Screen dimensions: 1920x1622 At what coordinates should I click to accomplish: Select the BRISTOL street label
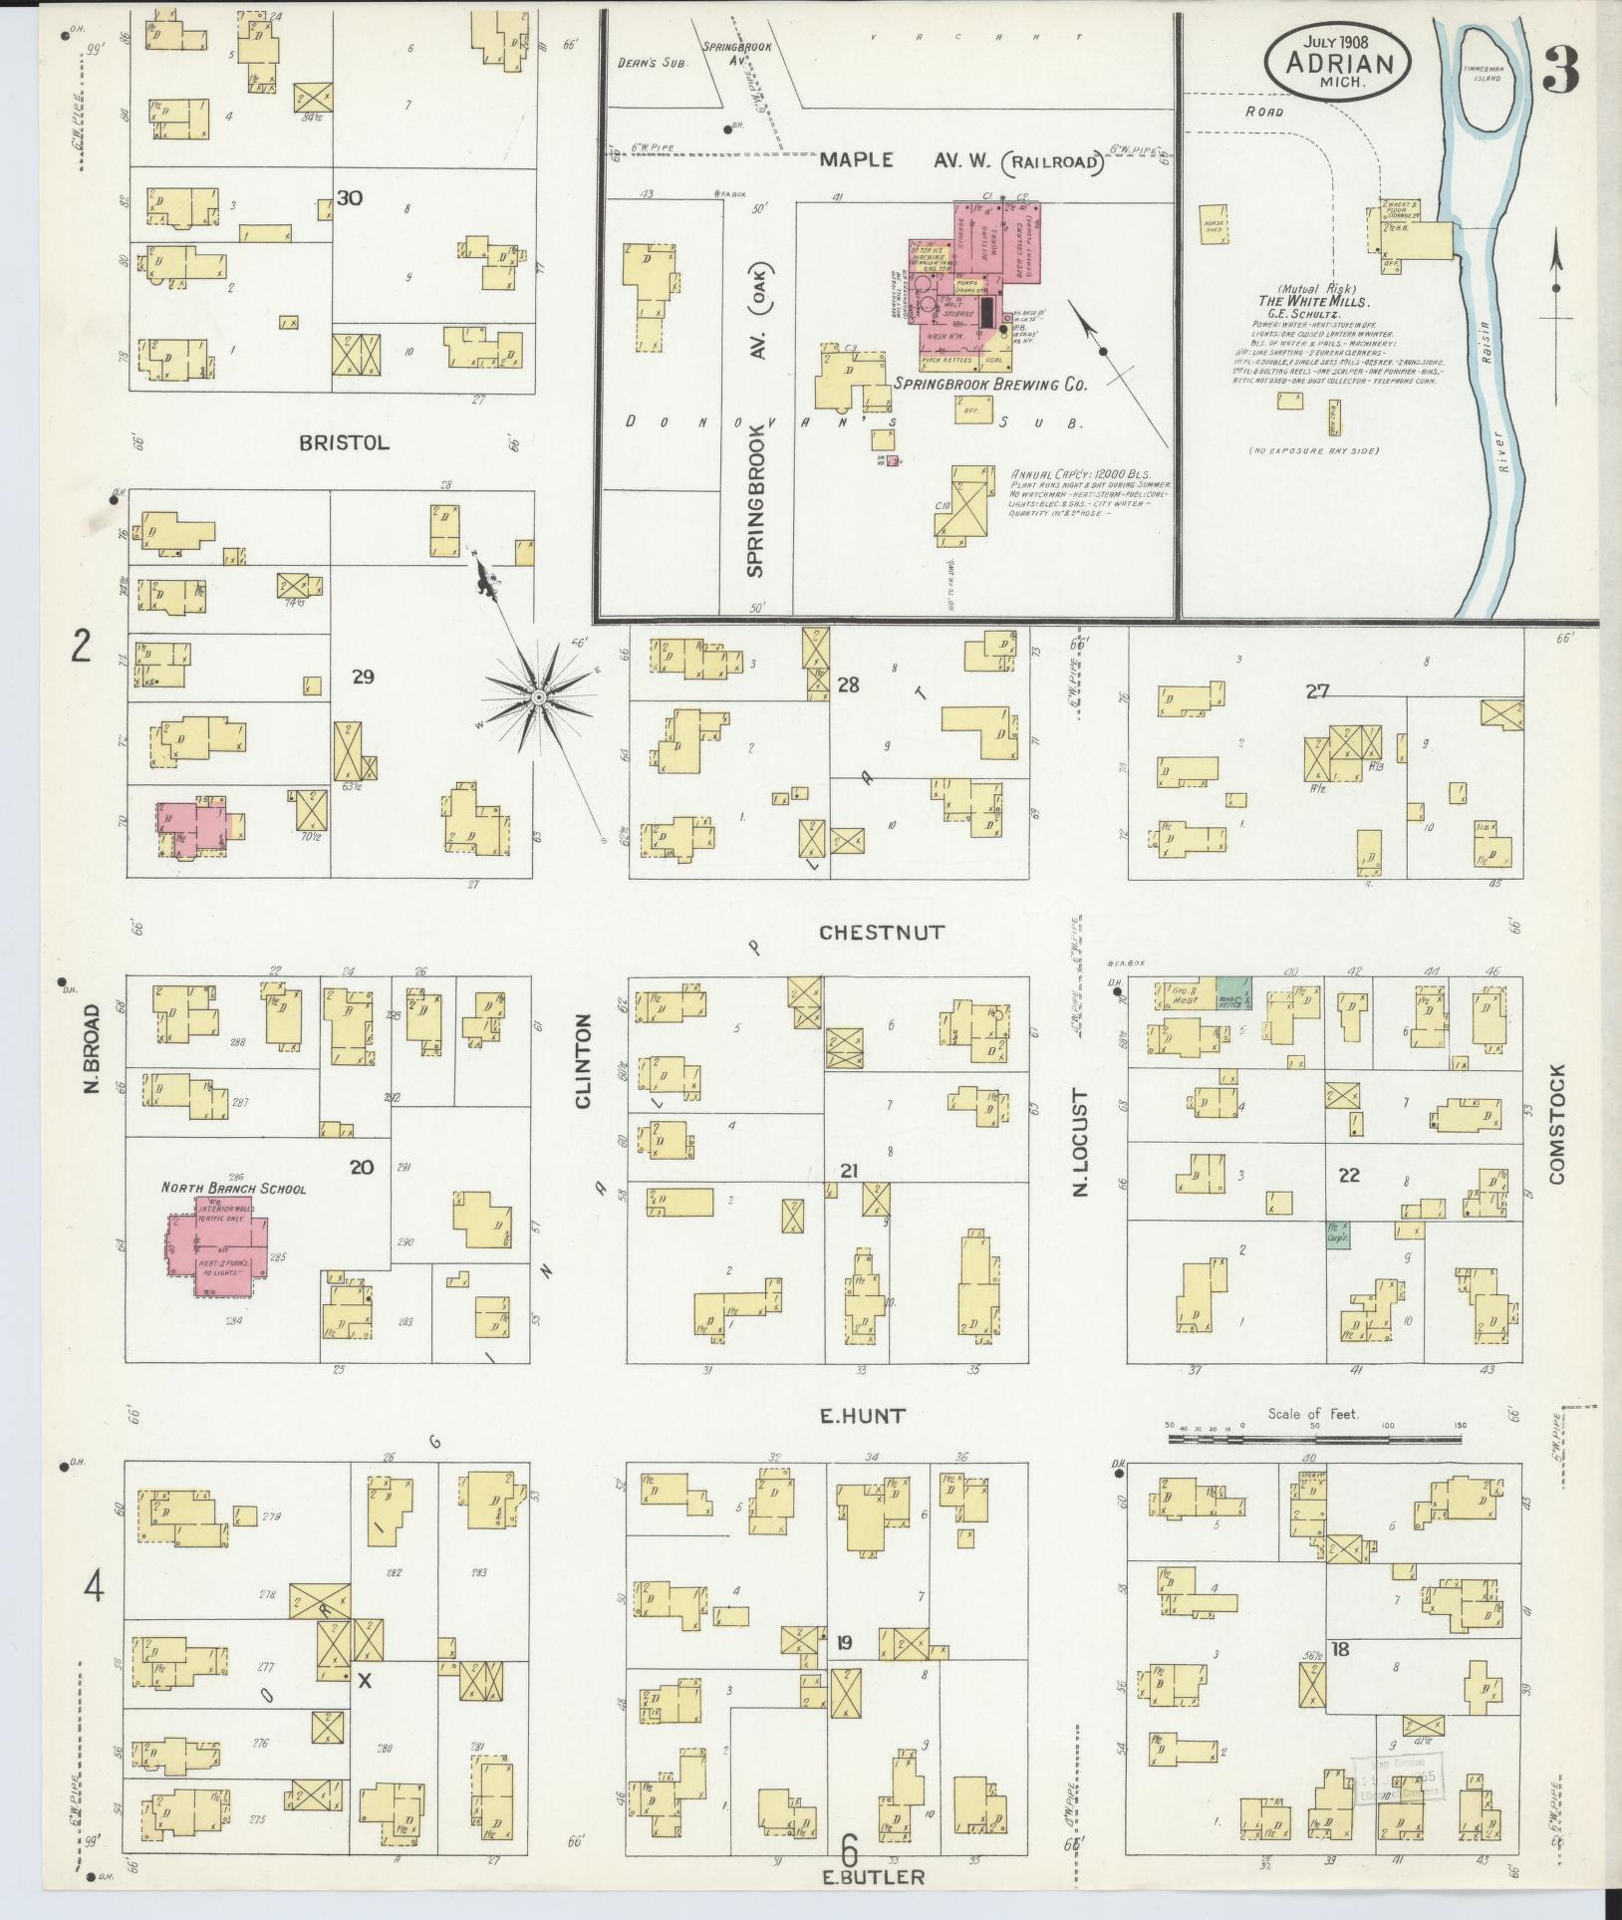click(x=344, y=443)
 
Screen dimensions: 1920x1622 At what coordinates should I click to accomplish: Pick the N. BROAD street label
click(x=93, y=1047)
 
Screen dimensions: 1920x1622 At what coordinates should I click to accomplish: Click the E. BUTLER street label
click(x=861, y=1877)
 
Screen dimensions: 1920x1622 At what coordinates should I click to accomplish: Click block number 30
click(x=349, y=198)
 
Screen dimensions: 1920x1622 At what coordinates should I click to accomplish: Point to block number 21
click(x=848, y=1171)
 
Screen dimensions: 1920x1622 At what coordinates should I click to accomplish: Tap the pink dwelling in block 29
click(x=194, y=825)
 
